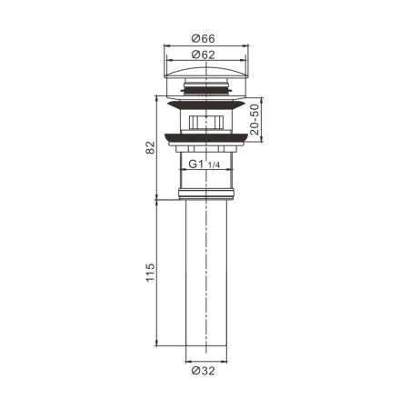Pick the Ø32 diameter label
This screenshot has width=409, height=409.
pyautogui.click(x=203, y=370)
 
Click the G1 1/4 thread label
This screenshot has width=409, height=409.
pyautogui.click(x=202, y=165)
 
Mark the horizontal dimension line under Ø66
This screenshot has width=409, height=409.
pyautogui.click(x=203, y=45)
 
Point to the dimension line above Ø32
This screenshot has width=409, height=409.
pyautogui.click(x=203, y=360)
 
